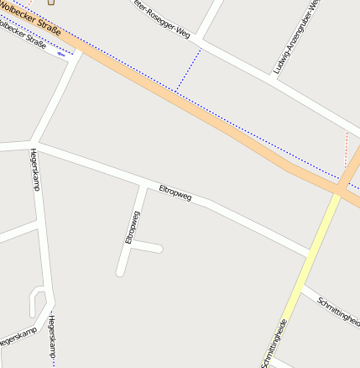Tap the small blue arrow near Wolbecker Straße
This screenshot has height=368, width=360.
point(61,52)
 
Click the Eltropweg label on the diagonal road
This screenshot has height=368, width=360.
point(175,193)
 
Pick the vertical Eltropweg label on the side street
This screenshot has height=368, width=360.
point(132,227)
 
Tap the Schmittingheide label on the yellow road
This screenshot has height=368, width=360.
point(276,343)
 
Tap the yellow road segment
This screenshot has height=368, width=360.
point(309,260)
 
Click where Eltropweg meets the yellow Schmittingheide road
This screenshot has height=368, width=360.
point(311,253)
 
